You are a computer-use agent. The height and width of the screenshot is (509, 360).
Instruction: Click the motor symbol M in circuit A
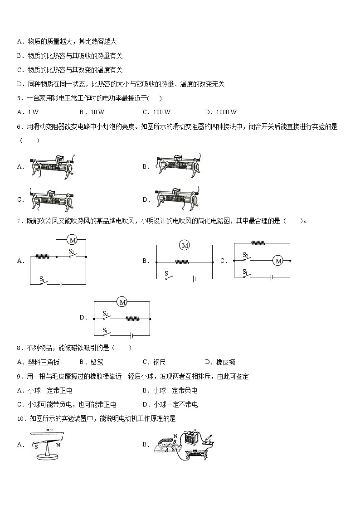pyautogui.click(x=71, y=239)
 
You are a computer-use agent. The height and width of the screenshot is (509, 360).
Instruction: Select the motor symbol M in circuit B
pyautogui.click(x=185, y=245)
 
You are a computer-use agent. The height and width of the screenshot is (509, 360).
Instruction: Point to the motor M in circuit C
pyautogui.click(x=278, y=261)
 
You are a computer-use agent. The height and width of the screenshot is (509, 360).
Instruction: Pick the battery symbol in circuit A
pyautogui.click(x=60, y=284)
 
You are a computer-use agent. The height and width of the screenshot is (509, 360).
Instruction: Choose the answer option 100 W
pyautogui.click(x=161, y=112)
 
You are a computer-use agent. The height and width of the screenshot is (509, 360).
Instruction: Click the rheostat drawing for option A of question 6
pyautogui.click(x=51, y=166)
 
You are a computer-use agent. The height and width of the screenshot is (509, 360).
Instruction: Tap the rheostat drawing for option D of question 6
pyautogui.click(x=177, y=199)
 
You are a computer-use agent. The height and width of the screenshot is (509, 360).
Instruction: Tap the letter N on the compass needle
pyautogui.click(x=58, y=445)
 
